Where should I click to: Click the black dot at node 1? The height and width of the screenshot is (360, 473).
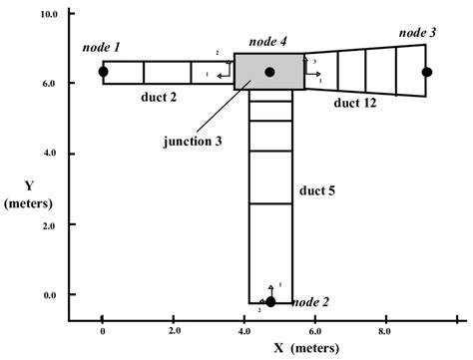(x=103, y=72)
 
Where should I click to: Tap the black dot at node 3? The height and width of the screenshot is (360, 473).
(x=427, y=72)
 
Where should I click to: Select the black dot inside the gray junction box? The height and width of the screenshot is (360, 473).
(x=269, y=72)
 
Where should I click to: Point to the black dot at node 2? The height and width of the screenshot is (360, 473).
(x=270, y=301)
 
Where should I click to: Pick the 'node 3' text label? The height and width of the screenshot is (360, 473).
(x=417, y=33)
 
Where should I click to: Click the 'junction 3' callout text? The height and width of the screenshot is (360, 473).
(x=192, y=141)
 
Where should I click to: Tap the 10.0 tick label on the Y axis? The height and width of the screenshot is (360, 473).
(x=47, y=15)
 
